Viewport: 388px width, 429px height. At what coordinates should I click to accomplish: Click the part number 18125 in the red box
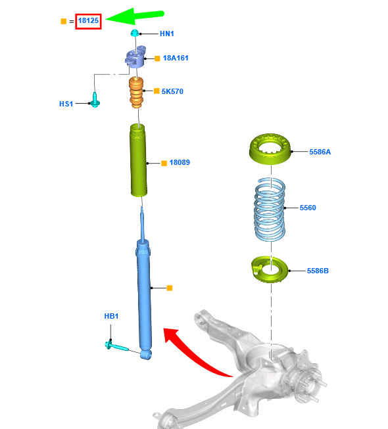point(88,20)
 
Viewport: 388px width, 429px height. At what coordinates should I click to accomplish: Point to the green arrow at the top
point(135,16)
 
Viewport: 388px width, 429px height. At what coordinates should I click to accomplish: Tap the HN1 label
point(167,34)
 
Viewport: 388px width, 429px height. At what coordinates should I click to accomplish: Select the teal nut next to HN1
point(134,33)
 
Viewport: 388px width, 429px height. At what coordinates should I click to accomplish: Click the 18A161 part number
point(176,58)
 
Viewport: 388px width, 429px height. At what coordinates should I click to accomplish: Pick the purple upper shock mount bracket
point(135,56)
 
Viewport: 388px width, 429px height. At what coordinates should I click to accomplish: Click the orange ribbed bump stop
point(136,93)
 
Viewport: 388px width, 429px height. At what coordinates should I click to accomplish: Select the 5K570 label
point(172,91)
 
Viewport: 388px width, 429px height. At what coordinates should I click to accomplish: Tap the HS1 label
point(66,104)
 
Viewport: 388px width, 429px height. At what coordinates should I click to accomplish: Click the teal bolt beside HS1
point(95,100)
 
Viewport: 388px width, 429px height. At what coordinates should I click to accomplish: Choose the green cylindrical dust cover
point(138,160)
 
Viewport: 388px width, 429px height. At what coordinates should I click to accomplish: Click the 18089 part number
point(180,162)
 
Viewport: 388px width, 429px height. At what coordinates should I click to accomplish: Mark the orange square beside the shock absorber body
point(170,288)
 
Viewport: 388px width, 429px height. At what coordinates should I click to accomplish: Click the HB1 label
point(111,316)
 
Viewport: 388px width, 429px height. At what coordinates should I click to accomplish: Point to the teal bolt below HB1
point(116,346)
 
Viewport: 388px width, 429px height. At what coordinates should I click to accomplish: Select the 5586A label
point(320,152)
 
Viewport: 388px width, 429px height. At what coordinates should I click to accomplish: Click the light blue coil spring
point(270,210)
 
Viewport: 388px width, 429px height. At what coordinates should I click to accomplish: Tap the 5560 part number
point(308,208)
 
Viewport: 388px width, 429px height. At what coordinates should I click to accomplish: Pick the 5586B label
point(318,271)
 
